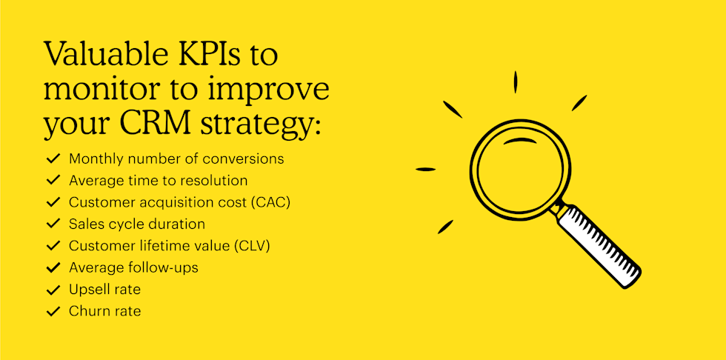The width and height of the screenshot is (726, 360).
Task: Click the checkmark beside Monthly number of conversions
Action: tap(53, 159)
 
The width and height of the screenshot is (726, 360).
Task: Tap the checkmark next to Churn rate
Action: tap(53, 312)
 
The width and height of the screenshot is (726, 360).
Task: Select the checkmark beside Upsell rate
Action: tap(53, 290)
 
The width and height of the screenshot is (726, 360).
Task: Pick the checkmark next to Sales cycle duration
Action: tap(53, 224)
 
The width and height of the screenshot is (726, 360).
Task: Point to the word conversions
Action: tap(246, 159)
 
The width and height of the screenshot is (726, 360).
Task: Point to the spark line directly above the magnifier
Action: tap(515, 81)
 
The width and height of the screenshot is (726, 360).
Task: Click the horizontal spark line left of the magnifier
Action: tap(426, 170)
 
